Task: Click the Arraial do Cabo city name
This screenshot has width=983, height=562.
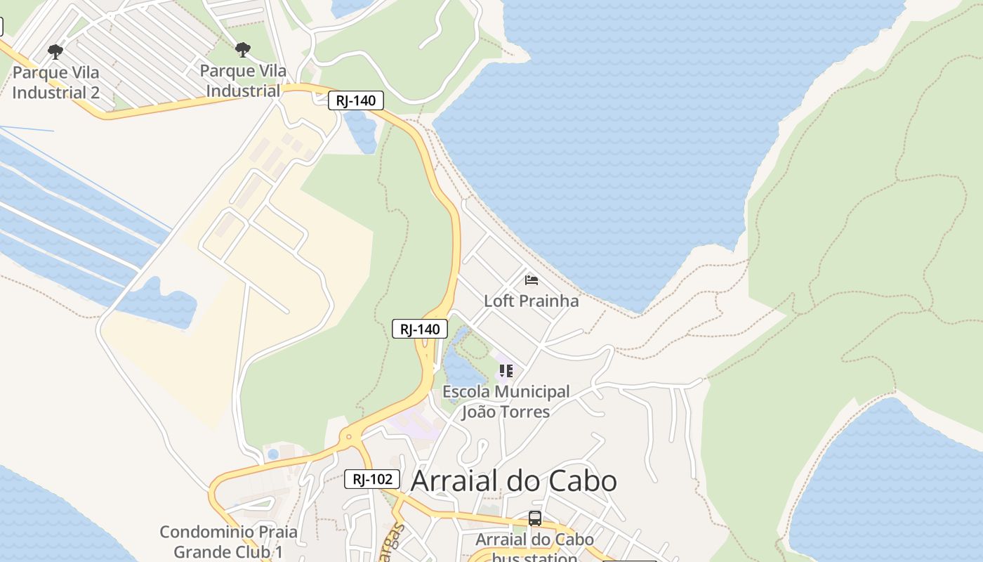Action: (513, 481)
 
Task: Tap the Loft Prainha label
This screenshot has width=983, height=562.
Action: (532, 301)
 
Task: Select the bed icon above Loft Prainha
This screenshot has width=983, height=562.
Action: (532, 280)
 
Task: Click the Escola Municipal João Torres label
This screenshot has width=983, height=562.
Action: (506, 401)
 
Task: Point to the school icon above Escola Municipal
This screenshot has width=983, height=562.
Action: (506, 370)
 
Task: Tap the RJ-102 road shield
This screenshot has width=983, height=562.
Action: (372, 479)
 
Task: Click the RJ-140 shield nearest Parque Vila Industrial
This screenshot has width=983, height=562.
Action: (356, 100)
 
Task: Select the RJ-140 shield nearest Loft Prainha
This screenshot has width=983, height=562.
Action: (420, 329)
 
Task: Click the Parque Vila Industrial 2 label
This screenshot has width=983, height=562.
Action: (55, 82)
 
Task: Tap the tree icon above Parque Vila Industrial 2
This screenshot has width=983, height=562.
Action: (55, 51)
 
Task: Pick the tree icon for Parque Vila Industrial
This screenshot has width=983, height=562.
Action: (243, 50)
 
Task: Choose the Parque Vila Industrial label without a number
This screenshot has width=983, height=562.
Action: (243, 81)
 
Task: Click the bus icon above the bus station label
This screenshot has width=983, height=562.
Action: (535, 518)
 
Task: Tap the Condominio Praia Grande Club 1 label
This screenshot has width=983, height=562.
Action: (228, 542)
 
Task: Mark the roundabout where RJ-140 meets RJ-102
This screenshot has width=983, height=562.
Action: (348, 438)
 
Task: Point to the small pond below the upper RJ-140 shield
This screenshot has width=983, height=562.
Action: (362, 132)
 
